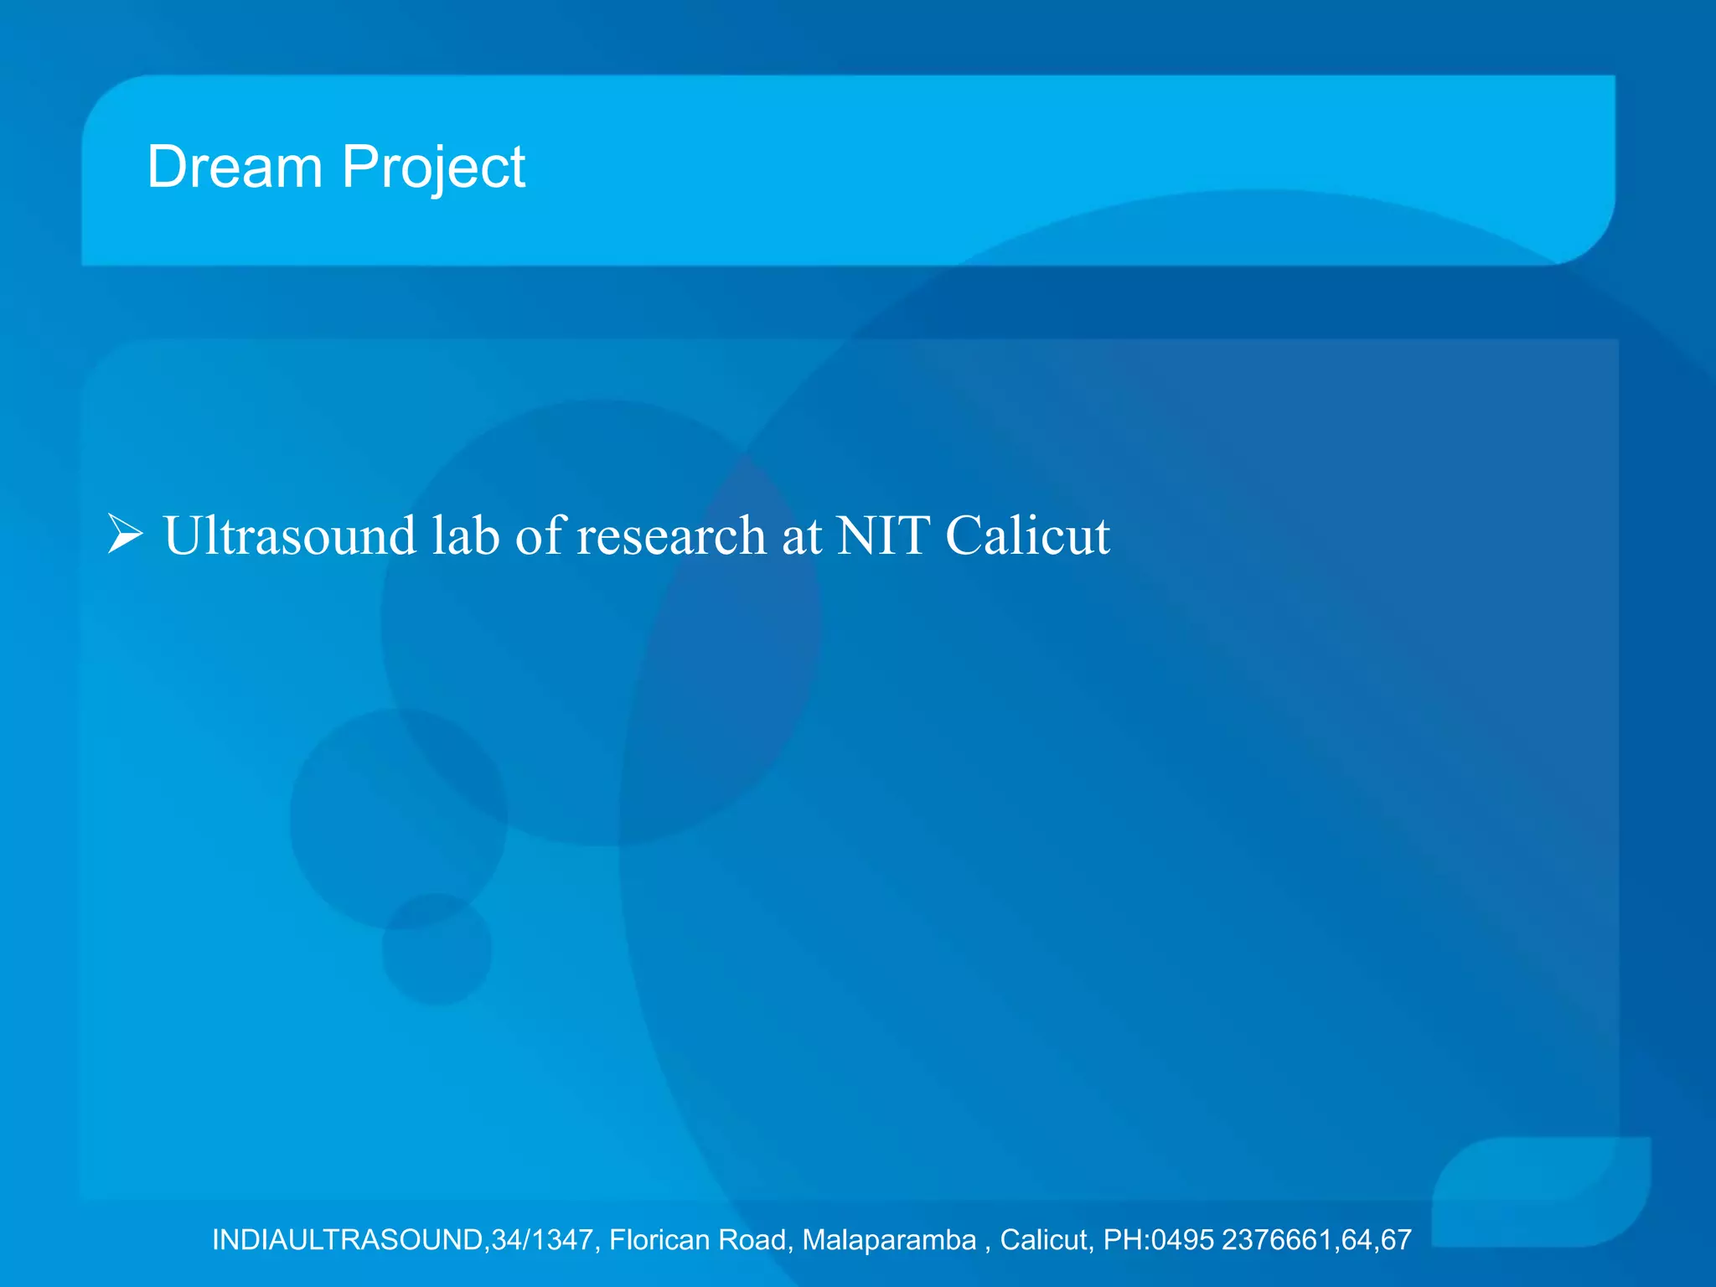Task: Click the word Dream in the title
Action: tap(235, 167)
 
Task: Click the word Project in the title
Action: tap(433, 168)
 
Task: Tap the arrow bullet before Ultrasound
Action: tap(126, 535)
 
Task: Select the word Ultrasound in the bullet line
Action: tap(289, 535)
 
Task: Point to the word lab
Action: tap(466, 535)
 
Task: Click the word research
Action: tap(671, 535)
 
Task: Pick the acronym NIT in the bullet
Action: tap(883, 535)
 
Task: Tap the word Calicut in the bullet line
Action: tap(1028, 535)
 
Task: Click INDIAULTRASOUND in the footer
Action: tap(348, 1239)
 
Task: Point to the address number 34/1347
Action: tap(543, 1239)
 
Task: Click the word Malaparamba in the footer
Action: tap(890, 1239)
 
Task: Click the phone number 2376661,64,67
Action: tap(1316, 1239)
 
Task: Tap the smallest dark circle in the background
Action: tap(437, 949)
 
